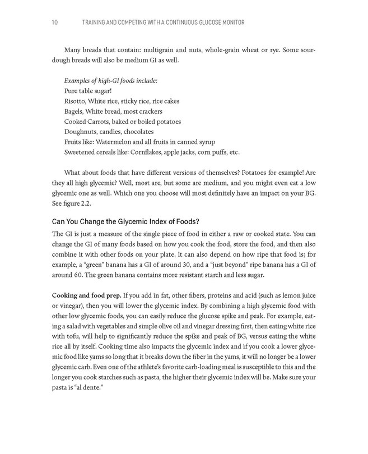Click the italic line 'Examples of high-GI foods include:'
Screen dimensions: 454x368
(x=111, y=81)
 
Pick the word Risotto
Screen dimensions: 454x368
(x=76, y=101)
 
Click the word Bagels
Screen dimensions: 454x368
(x=75, y=111)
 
